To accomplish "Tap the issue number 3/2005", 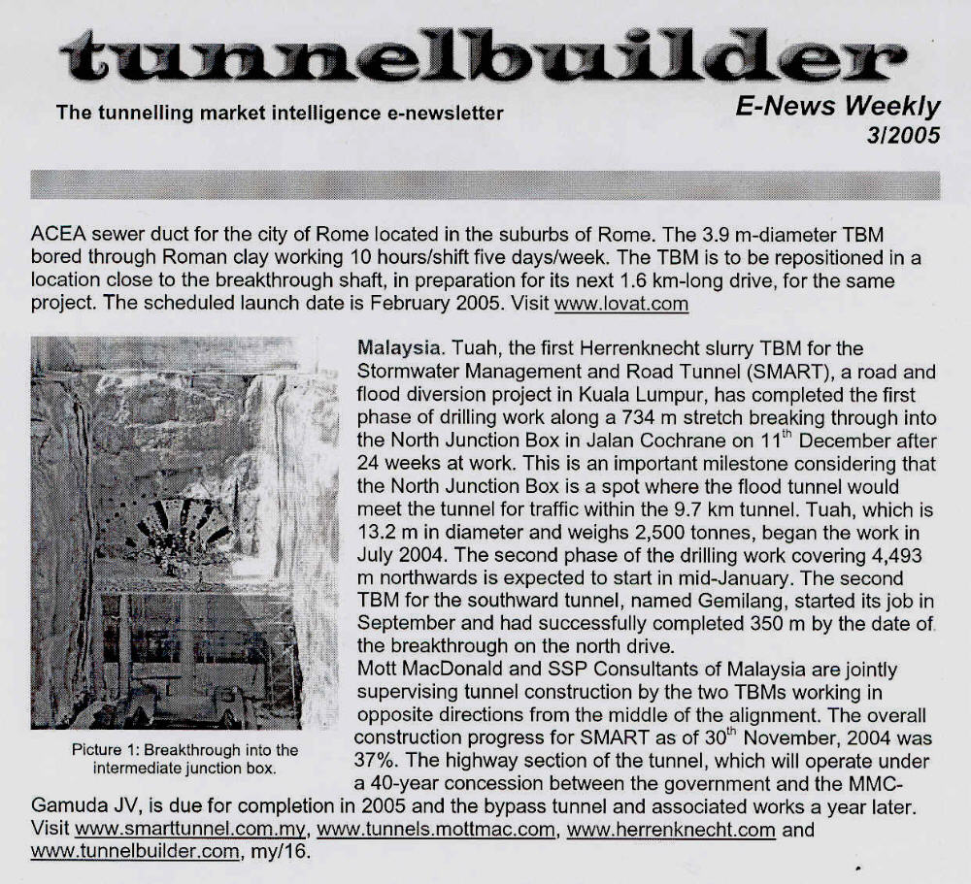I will (903, 136).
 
